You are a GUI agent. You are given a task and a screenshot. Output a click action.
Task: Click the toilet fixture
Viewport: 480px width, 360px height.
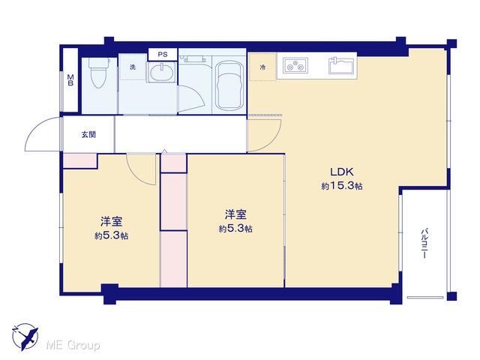[99, 73]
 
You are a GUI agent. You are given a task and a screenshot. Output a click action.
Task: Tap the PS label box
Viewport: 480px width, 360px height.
[163, 55]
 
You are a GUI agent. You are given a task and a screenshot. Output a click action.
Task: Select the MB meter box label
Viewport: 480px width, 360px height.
[70, 80]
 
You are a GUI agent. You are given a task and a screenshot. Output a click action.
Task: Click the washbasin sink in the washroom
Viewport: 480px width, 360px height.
[162, 72]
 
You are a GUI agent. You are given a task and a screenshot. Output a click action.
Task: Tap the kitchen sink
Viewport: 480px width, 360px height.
[341, 65]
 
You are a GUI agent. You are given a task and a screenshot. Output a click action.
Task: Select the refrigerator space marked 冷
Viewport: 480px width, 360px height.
[262, 67]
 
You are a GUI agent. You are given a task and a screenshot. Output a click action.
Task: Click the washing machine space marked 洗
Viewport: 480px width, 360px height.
[133, 67]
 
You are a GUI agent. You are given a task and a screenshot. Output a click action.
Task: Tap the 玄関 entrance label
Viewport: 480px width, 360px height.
[88, 134]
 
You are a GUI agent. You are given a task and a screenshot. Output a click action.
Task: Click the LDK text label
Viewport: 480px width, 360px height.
[342, 172]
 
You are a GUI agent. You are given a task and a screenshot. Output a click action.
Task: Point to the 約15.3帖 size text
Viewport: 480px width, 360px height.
[342, 185]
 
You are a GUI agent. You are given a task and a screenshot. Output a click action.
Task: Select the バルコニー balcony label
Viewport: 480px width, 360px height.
[424, 244]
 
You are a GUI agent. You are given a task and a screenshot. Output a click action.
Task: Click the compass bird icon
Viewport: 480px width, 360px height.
[25, 337]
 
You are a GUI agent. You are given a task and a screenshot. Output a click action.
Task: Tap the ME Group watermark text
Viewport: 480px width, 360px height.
[73, 346]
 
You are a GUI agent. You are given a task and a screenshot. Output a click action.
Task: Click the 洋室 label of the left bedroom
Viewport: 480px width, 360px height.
[112, 222]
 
